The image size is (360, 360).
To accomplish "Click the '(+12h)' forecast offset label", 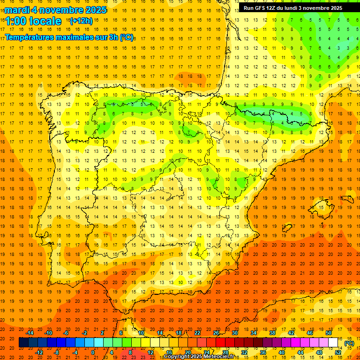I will click(81, 21).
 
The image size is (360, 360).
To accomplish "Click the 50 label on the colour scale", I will click(328, 333).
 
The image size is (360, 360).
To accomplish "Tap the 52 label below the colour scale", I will click(338, 352).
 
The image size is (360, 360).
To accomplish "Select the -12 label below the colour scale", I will click(39, 352).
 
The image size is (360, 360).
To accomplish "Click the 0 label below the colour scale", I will click(93, 352).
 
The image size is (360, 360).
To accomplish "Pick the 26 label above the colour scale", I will click(216, 333).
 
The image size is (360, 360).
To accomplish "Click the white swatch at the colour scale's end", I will click(333, 343).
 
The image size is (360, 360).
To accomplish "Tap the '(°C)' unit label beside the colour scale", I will click(349, 343).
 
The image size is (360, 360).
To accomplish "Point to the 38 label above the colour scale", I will click(272, 333).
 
